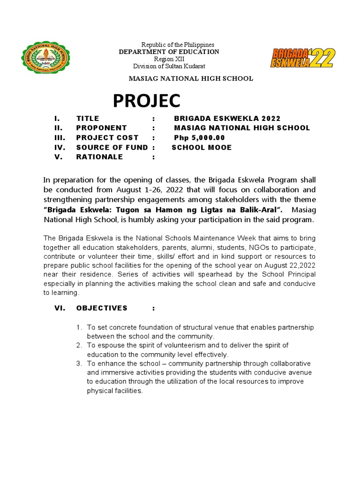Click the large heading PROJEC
click(146, 101)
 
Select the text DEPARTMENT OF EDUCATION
click(169, 52)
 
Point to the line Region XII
click(169, 59)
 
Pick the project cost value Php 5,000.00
click(199, 138)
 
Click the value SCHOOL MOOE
click(202, 148)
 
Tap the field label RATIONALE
click(99, 157)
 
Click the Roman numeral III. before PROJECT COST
click(60, 138)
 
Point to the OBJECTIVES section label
click(102, 308)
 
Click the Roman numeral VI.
click(60, 308)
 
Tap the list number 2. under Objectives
click(79, 345)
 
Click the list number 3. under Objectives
click(79, 364)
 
